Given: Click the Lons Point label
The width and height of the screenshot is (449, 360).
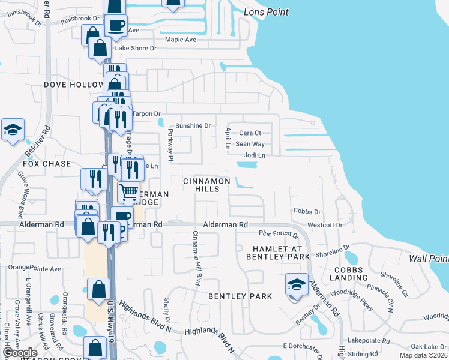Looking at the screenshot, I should [266, 12].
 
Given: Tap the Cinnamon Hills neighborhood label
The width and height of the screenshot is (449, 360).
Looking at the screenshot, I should [206, 185].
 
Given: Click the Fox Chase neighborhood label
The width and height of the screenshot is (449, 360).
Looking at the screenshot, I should [47, 164].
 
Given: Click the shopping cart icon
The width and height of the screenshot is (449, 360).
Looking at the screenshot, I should [128, 192].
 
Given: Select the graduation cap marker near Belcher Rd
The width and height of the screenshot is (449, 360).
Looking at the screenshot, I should [13, 130].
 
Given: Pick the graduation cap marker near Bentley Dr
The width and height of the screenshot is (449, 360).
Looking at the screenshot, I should [297, 284].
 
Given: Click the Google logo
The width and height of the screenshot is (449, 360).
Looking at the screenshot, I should [20, 353].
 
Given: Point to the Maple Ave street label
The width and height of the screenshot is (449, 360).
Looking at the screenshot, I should [181, 40].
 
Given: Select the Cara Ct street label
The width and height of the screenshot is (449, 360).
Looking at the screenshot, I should [250, 133].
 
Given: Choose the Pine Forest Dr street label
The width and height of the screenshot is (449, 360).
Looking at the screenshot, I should [279, 233].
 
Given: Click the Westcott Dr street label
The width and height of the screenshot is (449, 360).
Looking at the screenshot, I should [325, 225].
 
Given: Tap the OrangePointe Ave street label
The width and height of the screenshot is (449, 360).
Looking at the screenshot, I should [35, 269].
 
